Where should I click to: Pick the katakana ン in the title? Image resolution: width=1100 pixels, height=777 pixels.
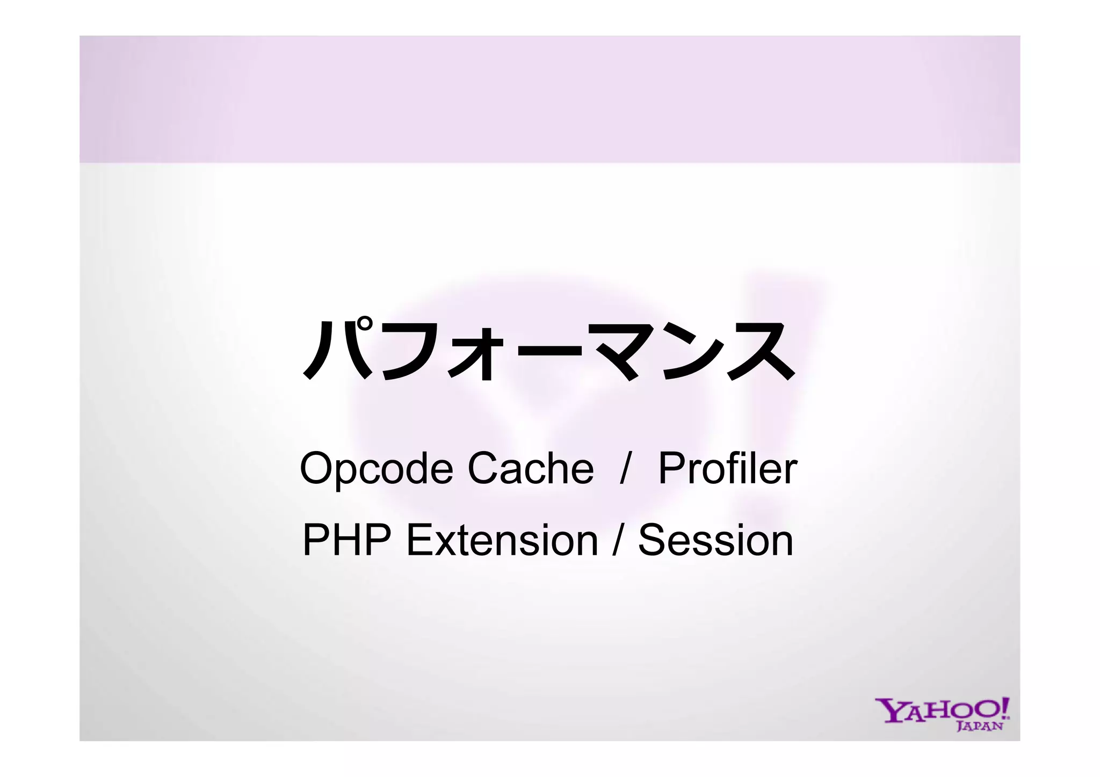(x=689, y=352)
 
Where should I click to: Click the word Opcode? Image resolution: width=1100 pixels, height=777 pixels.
(x=376, y=469)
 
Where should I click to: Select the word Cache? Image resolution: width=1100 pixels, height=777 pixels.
(x=531, y=468)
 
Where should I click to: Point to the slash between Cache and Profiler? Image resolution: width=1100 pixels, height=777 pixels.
(x=624, y=469)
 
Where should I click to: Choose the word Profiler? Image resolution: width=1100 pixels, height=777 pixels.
(x=727, y=468)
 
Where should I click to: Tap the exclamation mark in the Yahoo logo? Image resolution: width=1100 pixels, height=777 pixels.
(x=1003, y=707)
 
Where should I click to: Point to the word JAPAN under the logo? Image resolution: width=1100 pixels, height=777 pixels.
(x=980, y=727)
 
